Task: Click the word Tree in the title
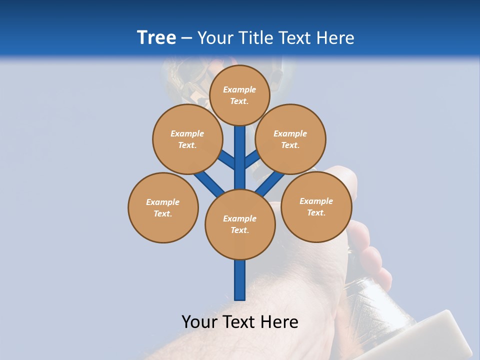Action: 156,38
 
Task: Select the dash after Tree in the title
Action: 187,38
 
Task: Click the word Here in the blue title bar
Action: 335,38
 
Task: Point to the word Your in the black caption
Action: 199,322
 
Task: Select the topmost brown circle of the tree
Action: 239,95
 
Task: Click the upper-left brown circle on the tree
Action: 187,139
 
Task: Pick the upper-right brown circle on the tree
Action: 290,139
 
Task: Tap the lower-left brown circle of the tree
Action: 163,207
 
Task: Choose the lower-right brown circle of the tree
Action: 316,206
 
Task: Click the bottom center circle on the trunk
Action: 240,224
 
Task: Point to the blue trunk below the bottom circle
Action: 240,280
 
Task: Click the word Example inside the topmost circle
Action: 239,90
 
